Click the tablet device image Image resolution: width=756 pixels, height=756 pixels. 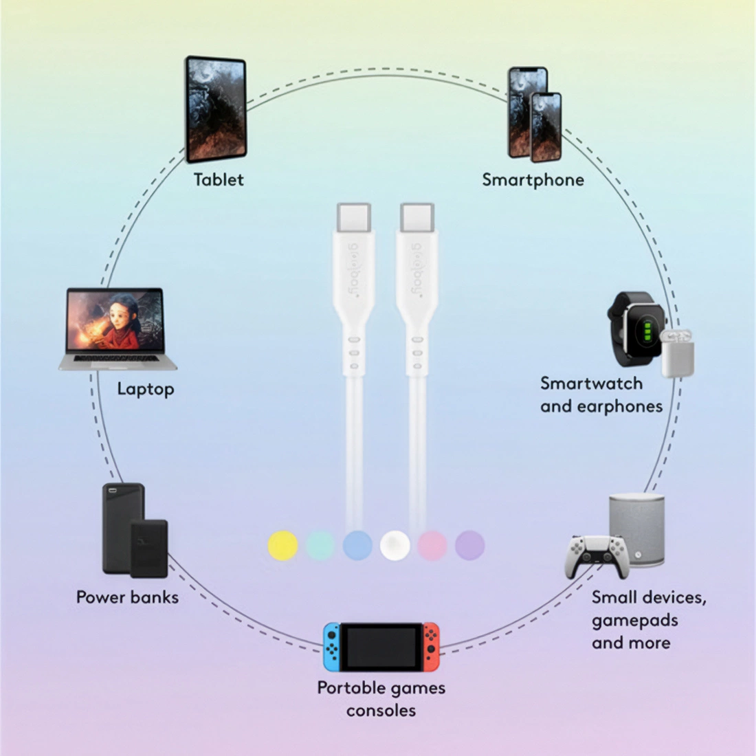pyautogui.click(x=216, y=109)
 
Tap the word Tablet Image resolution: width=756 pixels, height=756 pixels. pyautogui.click(x=219, y=180)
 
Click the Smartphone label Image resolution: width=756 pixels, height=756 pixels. pyautogui.click(x=533, y=180)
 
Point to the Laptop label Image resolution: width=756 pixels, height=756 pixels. pyautogui.click(x=145, y=389)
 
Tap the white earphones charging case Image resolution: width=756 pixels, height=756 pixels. pyautogui.click(x=678, y=353)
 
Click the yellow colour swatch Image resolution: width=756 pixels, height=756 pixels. pyautogui.click(x=282, y=546)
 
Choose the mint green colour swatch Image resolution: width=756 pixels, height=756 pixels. pyautogui.click(x=320, y=546)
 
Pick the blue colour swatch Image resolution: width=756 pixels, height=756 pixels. pyautogui.click(x=357, y=546)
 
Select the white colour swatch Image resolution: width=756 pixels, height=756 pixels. pyautogui.click(x=395, y=546)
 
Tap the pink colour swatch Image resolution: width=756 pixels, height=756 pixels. pyautogui.click(x=432, y=546)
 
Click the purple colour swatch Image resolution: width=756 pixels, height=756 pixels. pyautogui.click(x=470, y=546)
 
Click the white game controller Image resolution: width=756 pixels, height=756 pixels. pyautogui.click(x=597, y=555)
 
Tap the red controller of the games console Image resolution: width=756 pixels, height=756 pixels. pyautogui.click(x=431, y=646)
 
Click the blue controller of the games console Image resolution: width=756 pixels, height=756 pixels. pyautogui.click(x=332, y=646)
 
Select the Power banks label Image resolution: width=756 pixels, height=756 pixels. pyautogui.click(x=127, y=597)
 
